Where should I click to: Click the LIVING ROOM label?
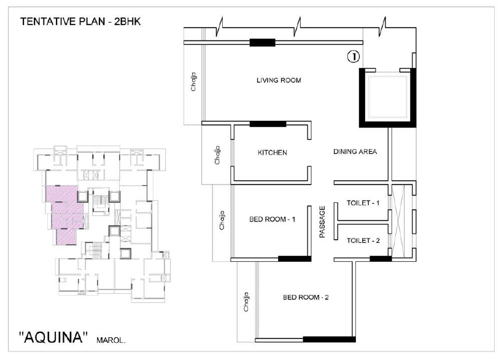pyautogui.click(x=279, y=80)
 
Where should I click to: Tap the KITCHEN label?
pyautogui.click(x=273, y=153)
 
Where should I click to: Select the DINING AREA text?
pyautogui.click(x=355, y=151)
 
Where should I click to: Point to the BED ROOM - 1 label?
pyautogui.click(x=272, y=219)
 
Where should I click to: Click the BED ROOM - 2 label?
pyautogui.click(x=306, y=297)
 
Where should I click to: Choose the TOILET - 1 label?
pyautogui.click(x=363, y=203)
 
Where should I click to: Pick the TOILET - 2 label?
pyautogui.click(x=363, y=240)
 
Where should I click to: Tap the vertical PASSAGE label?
pyautogui.click(x=322, y=221)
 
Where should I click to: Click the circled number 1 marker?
pyautogui.click(x=354, y=56)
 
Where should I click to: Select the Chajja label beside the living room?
pyautogui.click(x=193, y=82)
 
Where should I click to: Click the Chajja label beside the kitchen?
pyautogui.click(x=217, y=155)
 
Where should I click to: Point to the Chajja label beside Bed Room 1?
pyautogui.click(x=222, y=220)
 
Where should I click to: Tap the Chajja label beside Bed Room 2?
pyautogui.click(x=246, y=302)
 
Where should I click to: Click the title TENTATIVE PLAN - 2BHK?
pyautogui.click(x=80, y=21)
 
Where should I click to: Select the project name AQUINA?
pyautogui.click(x=53, y=337)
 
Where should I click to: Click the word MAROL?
pyautogui.click(x=111, y=340)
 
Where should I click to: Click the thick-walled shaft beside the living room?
pyautogui.click(x=388, y=98)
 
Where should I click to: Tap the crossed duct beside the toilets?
pyautogui.click(x=399, y=220)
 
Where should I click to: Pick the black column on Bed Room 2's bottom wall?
pyautogui.click(x=329, y=339)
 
